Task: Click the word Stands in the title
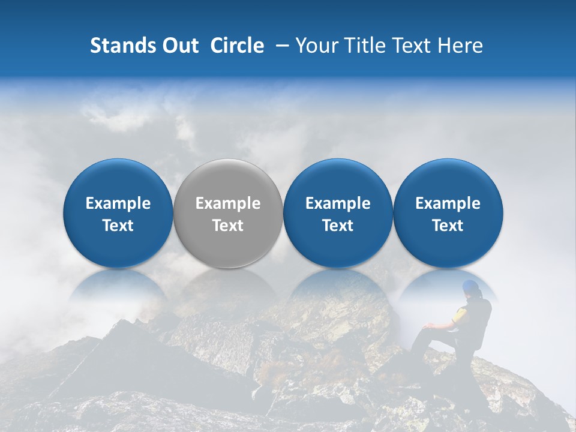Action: point(121,46)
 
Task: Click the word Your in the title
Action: point(316,46)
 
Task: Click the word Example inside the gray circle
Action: point(228,203)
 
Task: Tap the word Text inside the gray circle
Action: point(228,226)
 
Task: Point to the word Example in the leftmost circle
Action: point(118,203)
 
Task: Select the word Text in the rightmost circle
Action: point(448,226)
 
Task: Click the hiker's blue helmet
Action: point(471,287)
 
